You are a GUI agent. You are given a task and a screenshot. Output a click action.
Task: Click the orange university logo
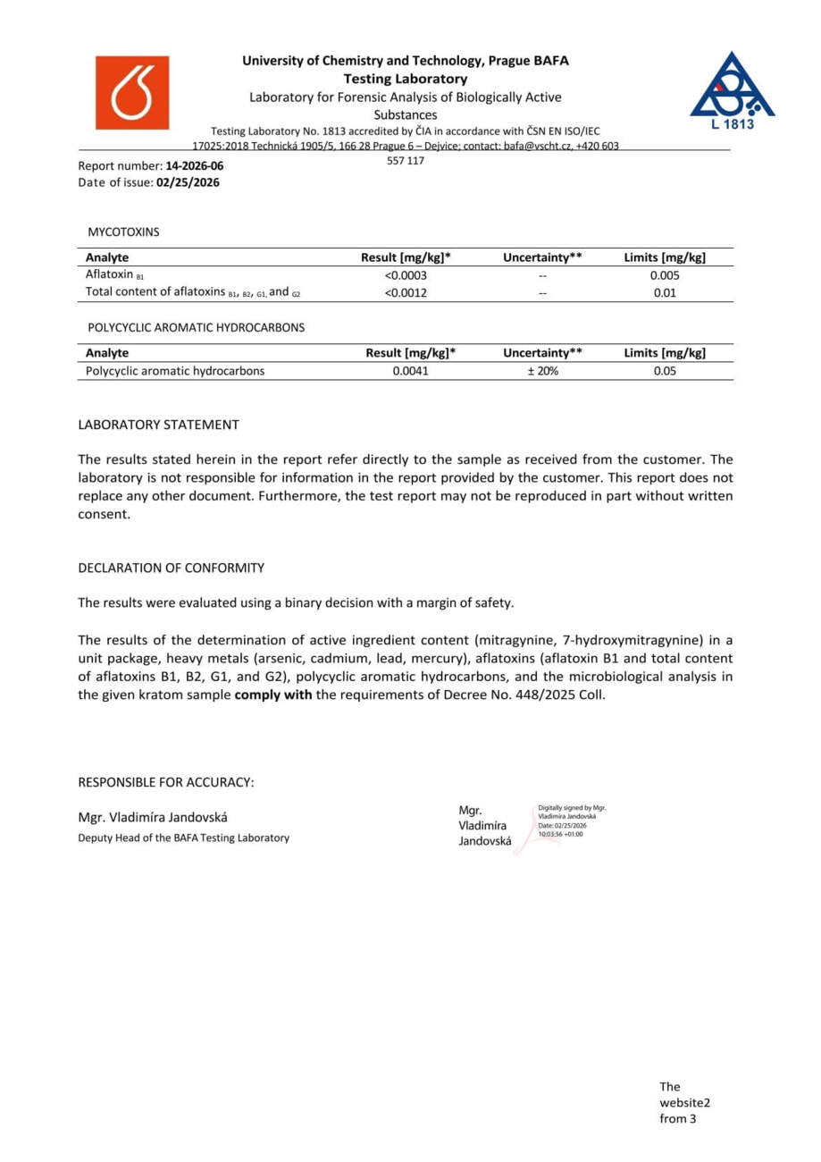132,93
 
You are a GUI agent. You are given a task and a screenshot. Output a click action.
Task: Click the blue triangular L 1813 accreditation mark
732,90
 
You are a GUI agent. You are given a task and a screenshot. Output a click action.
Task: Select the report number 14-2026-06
195,166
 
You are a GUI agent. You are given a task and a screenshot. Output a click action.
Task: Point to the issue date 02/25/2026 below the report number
188,182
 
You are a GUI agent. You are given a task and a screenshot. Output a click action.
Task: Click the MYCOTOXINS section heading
123,232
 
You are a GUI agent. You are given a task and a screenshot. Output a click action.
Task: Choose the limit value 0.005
665,275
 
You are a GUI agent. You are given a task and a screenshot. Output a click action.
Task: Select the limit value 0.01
665,292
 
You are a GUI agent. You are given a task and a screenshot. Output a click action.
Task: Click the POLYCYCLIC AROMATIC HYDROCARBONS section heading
196,327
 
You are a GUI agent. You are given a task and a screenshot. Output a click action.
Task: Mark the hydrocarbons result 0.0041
411,371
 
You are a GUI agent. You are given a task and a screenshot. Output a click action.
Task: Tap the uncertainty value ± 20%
542,371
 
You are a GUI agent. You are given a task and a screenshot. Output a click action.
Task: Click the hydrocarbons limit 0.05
665,371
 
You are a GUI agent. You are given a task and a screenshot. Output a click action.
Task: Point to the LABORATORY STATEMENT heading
158,425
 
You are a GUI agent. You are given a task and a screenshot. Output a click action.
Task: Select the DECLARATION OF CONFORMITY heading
171,568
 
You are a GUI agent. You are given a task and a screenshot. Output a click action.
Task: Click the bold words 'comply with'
273,695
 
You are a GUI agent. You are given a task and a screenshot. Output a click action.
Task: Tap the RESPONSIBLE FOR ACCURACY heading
166,782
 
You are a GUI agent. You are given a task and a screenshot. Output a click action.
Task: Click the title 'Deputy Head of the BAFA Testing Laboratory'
183,838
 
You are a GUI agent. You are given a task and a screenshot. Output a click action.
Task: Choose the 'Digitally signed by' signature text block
572,821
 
